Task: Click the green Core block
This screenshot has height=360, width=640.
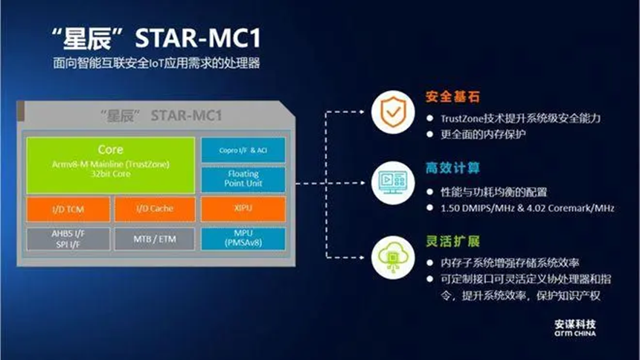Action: click(111, 165)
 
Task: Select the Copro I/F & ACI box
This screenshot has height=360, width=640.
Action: click(243, 150)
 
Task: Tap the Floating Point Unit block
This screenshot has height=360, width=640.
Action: click(243, 179)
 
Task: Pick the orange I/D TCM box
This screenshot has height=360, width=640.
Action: click(68, 210)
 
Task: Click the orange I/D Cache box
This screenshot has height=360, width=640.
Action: click(155, 210)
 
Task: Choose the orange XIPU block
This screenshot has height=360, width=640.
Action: click(243, 209)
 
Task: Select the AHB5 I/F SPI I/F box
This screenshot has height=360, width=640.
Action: click(68, 239)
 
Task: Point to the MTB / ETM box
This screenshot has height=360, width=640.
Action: click(155, 239)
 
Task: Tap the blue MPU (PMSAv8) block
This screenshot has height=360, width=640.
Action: click(243, 238)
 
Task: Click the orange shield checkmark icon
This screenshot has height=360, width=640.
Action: click(393, 112)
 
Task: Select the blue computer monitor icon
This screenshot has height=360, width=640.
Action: click(393, 182)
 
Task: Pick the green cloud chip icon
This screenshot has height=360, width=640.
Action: click(393, 257)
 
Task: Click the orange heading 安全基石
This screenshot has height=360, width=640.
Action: click(452, 97)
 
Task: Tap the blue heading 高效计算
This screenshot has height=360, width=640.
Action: click(452, 168)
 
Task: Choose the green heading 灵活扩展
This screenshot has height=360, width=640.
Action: click(452, 241)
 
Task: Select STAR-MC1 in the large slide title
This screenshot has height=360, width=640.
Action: click(198, 39)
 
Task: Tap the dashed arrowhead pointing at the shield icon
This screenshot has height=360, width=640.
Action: click(361, 112)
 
